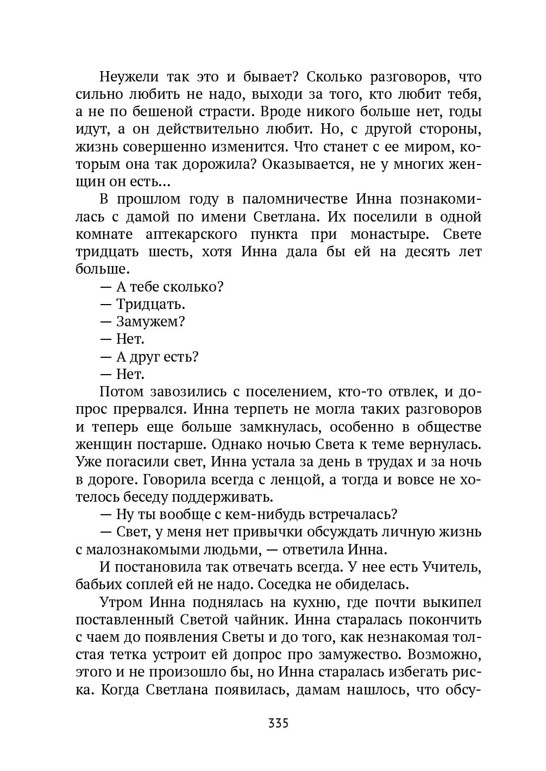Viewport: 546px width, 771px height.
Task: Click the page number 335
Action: [x=278, y=723]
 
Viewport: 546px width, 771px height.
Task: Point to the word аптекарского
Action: [x=192, y=234]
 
